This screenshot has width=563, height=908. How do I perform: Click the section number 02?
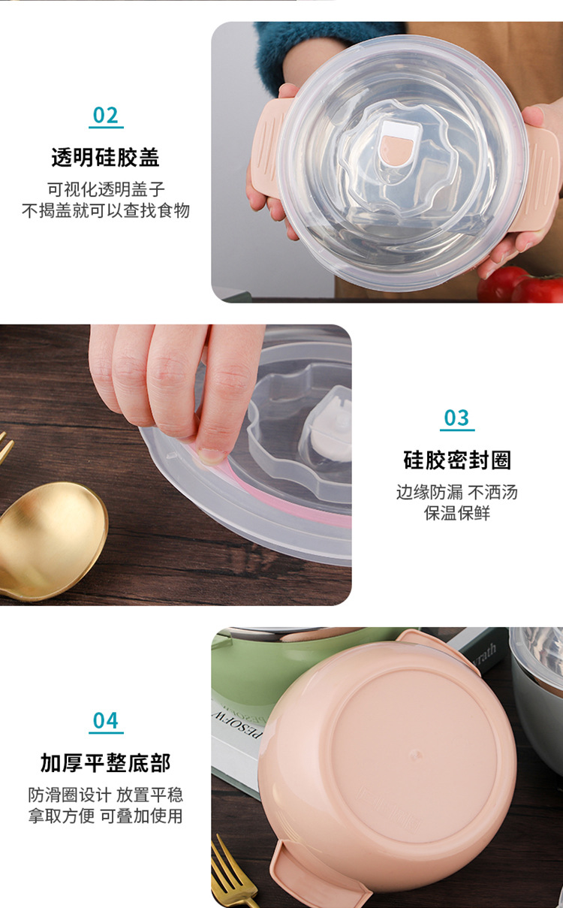click(x=106, y=116)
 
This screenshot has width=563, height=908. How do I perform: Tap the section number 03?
click(x=456, y=418)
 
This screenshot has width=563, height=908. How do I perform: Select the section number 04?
click(x=106, y=721)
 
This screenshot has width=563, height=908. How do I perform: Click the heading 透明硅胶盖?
click(x=105, y=158)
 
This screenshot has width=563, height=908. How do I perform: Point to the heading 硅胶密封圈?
click(x=457, y=460)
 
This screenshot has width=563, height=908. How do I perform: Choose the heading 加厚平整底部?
click(x=106, y=763)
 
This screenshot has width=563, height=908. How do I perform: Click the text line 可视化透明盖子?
click(x=106, y=189)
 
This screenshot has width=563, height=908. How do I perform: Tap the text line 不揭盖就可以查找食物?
click(x=106, y=210)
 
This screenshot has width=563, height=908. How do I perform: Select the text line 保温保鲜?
click(x=457, y=514)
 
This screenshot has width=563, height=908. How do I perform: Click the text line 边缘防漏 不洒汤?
click(x=457, y=493)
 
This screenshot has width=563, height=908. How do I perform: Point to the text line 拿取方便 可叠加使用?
click(x=106, y=816)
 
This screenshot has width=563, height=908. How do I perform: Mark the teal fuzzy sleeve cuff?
click(x=315, y=45)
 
